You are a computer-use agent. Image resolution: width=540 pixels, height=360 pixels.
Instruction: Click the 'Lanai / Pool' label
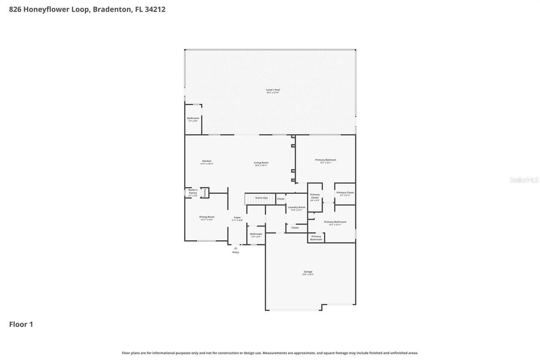273,90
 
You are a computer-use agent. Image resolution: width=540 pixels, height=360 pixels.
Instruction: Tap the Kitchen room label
207,161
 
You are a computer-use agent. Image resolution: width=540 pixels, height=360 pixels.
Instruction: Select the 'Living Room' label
261,163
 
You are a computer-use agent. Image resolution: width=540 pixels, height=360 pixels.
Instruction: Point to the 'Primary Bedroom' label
326,160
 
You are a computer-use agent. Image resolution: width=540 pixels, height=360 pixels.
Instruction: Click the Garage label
308,272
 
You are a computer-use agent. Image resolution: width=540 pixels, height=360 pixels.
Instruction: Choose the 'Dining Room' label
207,217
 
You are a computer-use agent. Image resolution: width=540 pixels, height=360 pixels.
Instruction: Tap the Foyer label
237,218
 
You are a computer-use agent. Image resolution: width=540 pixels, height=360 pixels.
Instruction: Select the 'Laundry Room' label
297,207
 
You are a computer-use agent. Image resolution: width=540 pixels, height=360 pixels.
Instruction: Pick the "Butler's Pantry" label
193,192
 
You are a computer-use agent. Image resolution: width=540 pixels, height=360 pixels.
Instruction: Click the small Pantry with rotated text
205,192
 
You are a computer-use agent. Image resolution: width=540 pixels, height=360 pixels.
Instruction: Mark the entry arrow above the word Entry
235,248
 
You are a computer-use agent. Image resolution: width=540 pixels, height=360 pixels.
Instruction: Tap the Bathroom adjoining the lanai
193,119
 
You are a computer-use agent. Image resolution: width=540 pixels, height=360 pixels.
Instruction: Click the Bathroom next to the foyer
256,234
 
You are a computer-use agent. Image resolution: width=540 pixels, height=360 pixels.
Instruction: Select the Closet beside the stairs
281,199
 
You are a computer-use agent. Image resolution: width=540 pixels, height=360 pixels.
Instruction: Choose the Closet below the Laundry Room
295,228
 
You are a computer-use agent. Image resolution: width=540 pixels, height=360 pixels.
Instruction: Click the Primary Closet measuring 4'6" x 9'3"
315,196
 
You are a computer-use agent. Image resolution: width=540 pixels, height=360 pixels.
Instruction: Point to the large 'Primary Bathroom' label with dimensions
335,222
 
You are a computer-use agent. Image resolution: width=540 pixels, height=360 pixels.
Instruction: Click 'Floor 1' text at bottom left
21,324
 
